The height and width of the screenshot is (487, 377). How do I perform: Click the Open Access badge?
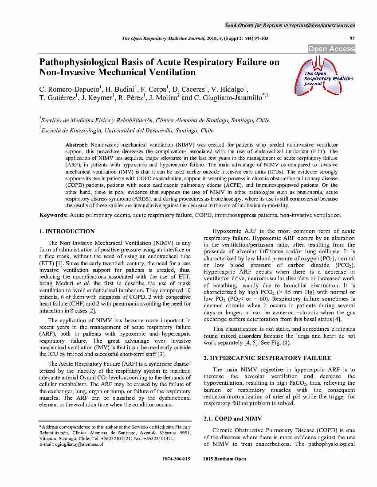click(332, 49)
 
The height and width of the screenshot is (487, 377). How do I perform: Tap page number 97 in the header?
click(353, 39)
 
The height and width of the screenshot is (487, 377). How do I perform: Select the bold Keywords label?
click(54, 215)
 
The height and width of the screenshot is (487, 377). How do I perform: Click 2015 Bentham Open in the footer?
click(224, 459)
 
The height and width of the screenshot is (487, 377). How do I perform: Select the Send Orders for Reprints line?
click(290, 25)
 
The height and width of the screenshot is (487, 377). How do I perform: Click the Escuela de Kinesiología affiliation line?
click(126, 131)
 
